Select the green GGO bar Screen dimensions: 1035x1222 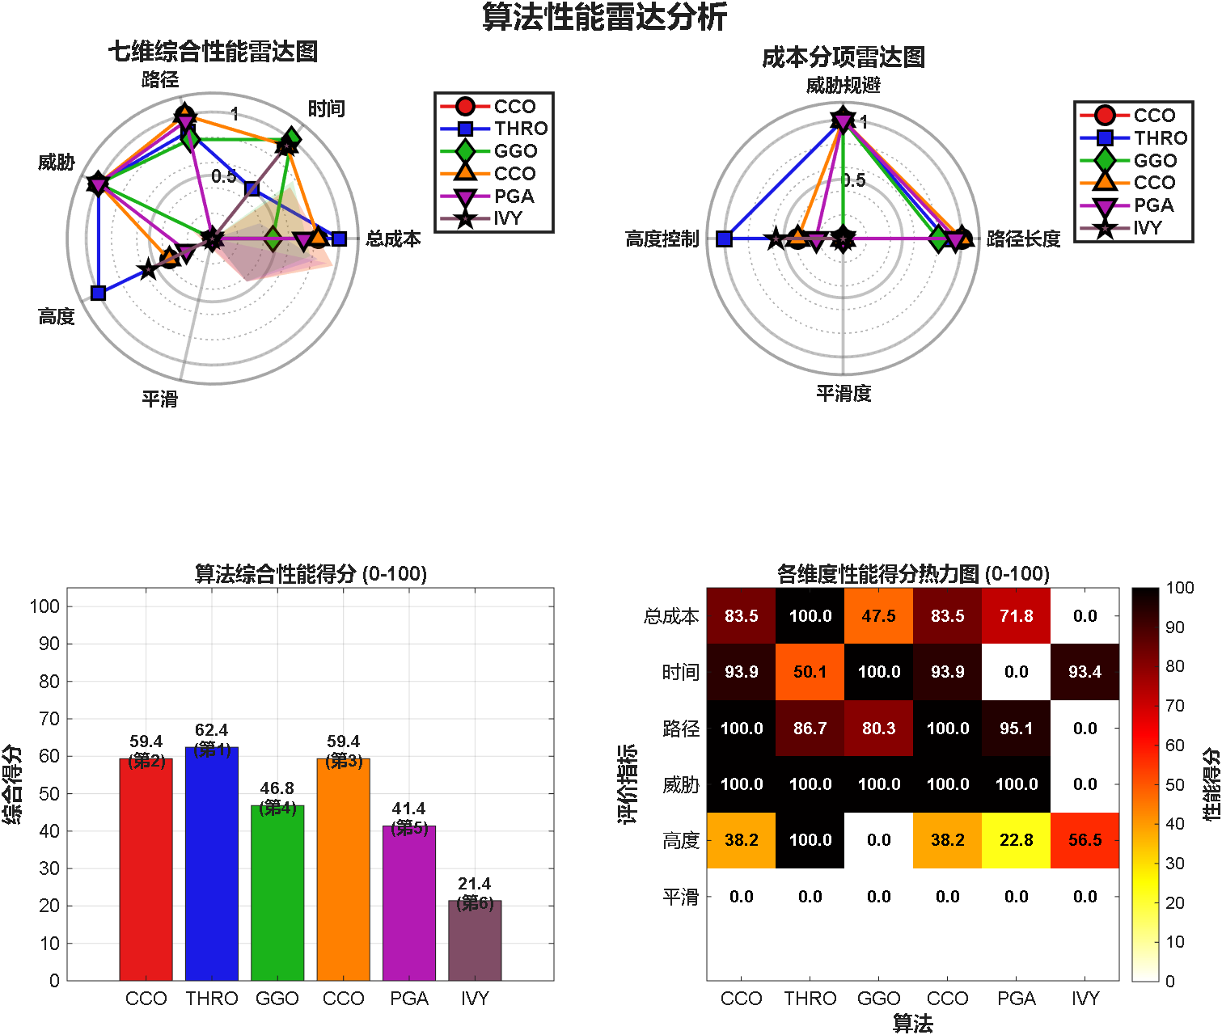pyautogui.click(x=277, y=893)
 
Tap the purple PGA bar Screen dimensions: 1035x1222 pyautogui.click(x=409, y=903)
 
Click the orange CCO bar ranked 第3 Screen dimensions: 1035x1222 pyautogui.click(x=343, y=869)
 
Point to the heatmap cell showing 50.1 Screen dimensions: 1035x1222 pyautogui.click(x=810, y=672)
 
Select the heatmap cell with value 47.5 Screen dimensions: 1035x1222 pyautogui.click(x=878, y=616)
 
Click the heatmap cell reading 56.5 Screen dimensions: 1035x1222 pyautogui.click(x=1085, y=840)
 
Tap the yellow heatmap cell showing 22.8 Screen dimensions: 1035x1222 pyautogui.click(x=1016, y=840)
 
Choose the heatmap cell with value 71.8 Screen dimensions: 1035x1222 pyautogui.click(x=1016, y=616)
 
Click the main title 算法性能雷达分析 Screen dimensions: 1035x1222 pyautogui.click(x=605, y=17)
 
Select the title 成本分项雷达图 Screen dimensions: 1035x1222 pyautogui.click(x=843, y=57)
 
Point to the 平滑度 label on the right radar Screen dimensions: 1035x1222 pyautogui.click(x=844, y=394)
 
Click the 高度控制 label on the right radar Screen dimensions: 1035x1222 pyautogui.click(x=662, y=239)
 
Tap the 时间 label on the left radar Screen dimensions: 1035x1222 pyautogui.click(x=326, y=109)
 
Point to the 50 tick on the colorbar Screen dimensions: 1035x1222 pyautogui.click(x=1174, y=784)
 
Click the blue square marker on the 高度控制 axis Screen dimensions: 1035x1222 pyautogui.click(x=725, y=239)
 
